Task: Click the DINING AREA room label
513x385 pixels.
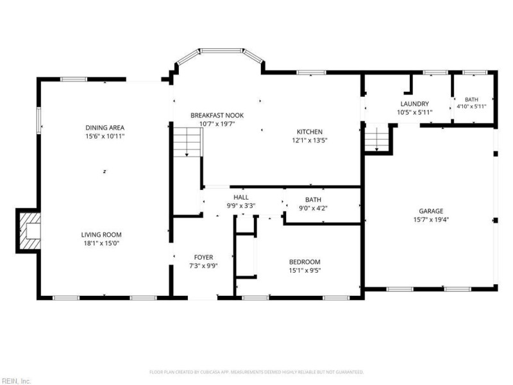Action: pos(105,128)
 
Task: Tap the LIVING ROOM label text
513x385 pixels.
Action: pos(101,235)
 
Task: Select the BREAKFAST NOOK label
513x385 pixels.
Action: pos(217,116)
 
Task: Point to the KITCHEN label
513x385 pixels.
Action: pos(310,132)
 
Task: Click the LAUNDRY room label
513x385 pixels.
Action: pos(414,104)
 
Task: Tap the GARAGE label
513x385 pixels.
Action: pos(431,211)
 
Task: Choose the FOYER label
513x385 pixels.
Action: pos(203,257)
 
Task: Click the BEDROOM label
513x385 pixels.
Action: pos(305,262)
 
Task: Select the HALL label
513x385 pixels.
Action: pos(241,197)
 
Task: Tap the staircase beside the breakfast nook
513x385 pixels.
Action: pos(187,142)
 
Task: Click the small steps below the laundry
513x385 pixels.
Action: pos(376,138)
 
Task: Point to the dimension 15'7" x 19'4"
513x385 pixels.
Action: pos(431,219)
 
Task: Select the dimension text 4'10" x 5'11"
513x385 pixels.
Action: pos(471,107)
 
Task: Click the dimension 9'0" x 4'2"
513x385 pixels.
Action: pos(313,208)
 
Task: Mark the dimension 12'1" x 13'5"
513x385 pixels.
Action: pos(310,141)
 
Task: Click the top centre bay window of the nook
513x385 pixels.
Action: pos(221,51)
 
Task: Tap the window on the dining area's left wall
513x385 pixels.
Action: pos(38,120)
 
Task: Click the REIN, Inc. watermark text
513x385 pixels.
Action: pos(15,381)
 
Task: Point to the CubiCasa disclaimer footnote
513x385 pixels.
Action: pos(256,372)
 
